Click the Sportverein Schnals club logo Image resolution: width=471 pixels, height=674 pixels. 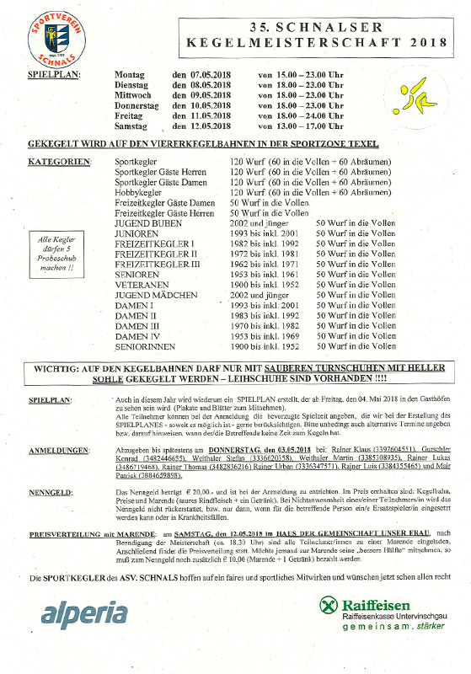[x=51, y=35]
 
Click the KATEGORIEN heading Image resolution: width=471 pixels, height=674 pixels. [x=56, y=160]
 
